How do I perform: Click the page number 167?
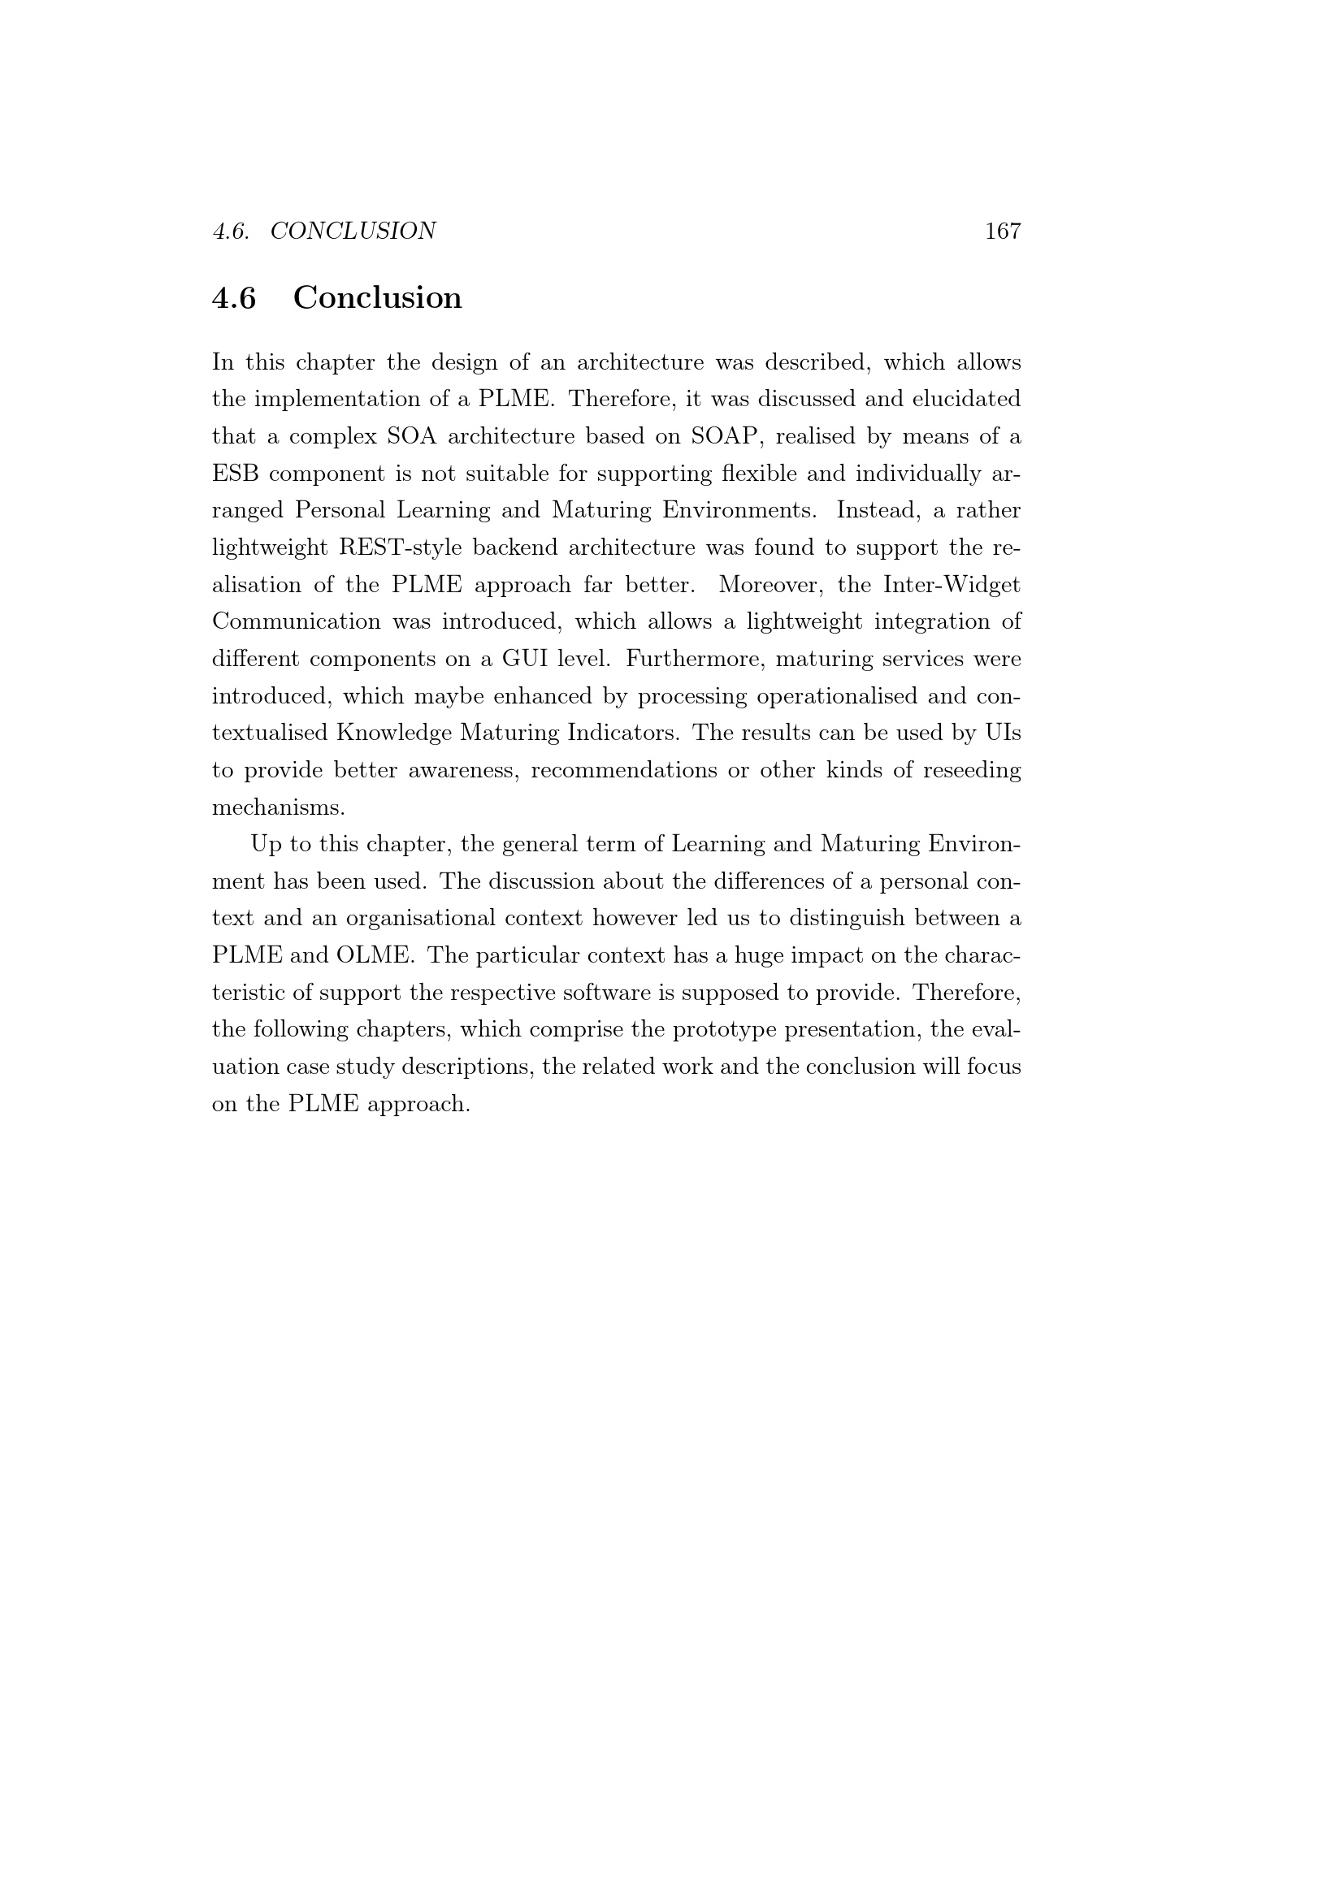click(1002, 231)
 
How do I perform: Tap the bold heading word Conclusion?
click(377, 298)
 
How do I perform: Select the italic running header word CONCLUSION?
click(353, 231)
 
